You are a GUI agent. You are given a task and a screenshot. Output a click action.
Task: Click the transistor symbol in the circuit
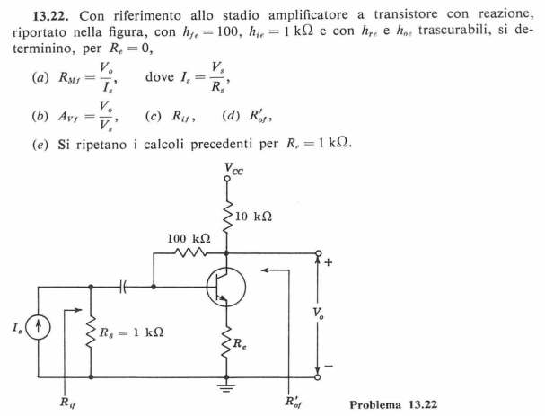pyautogui.click(x=226, y=287)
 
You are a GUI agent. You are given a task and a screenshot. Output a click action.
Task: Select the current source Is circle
pyautogui.click(x=39, y=328)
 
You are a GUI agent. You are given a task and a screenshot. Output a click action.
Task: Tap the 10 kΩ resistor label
pyautogui.click(x=253, y=217)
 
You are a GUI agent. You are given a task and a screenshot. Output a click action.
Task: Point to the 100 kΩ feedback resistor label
pyautogui.click(x=189, y=239)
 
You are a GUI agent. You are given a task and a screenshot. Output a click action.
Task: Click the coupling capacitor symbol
pyautogui.click(x=123, y=287)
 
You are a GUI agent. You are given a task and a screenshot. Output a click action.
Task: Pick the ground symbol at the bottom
pyautogui.click(x=226, y=386)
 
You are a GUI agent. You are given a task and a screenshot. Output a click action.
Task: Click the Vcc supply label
pyautogui.click(x=233, y=169)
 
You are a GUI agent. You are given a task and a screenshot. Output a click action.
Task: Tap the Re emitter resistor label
pyautogui.click(x=240, y=343)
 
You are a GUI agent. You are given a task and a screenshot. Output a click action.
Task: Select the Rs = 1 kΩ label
pyautogui.click(x=131, y=332)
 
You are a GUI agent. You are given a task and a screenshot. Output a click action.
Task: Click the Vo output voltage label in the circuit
pyautogui.click(x=318, y=314)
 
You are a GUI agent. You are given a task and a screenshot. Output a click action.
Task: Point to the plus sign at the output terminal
pyautogui.click(x=328, y=262)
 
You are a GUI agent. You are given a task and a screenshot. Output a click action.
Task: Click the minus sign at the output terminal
pyautogui.click(x=329, y=366)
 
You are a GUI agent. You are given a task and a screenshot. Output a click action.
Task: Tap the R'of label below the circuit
pyautogui.click(x=293, y=402)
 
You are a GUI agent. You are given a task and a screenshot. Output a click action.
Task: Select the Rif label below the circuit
pyautogui.click(x=67, y=403)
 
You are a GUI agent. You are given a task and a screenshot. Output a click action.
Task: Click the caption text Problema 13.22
pyautogui.click(x=393, y=404)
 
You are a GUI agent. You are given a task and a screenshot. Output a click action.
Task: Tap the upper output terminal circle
pyautogui.click(x=318, y=253)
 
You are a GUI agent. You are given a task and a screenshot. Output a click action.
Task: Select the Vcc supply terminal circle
pyautogui.click(x=227, y=179)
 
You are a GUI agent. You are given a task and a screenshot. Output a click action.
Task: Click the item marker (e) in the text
pyautogui.click(x=40, y=145)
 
